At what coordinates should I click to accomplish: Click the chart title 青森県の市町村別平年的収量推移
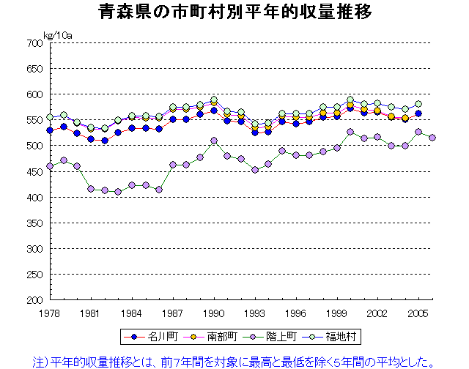[x=234, y=13]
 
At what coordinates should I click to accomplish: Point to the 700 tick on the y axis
[x=32, y=43]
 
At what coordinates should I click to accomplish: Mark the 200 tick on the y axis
[x=32, y=300]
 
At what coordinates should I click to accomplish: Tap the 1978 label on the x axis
[x=49, y=313]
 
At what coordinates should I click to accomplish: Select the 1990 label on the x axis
[x=213, y=313]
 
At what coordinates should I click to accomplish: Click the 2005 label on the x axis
[x=418, y=313]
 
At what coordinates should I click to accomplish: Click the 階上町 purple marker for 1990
[x=213, y=141]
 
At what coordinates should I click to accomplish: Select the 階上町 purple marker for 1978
[x=50, y=166]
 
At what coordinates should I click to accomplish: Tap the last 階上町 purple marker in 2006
[x=432, y=138]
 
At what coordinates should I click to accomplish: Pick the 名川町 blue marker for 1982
[x=105, y=141]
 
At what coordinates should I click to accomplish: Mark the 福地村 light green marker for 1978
[x=50, y=117]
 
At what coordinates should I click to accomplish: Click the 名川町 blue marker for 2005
[x=418, y=113]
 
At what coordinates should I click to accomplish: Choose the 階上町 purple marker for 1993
[x=254, y=170]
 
